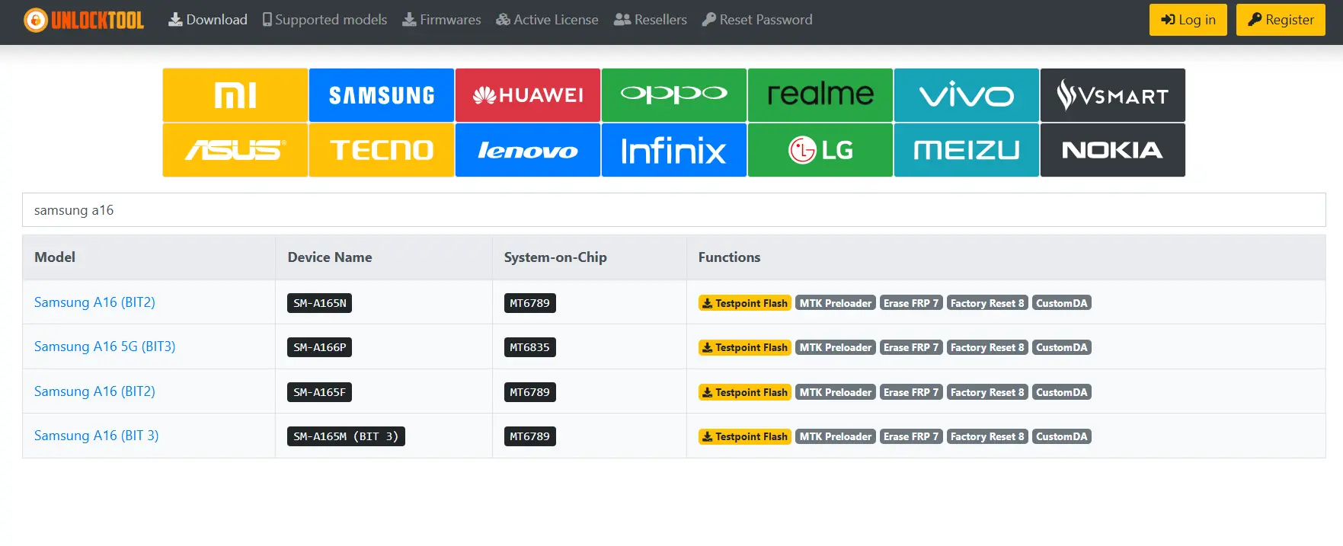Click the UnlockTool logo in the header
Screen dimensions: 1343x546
click(x=84, y=20)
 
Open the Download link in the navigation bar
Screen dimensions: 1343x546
click(x=208, y=20)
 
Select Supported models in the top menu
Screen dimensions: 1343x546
click(x=325, y=20)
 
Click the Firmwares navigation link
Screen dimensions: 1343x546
click(x=442, y=20)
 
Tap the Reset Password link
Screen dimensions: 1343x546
click(x=757, y=20)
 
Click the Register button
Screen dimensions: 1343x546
click(x=1281, y=20)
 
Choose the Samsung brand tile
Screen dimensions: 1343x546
click(x=382, y=95)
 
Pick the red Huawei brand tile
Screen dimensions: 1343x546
click(x=528, y=95)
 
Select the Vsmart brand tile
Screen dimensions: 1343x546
click(x=1113, y=95)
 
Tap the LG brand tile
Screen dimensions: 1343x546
click(x=820, y=150)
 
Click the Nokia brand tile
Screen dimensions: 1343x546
click(x=1113, y=150)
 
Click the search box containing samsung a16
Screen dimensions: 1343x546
click(x=674, y=210)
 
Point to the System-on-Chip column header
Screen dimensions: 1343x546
click(x=555, y=257)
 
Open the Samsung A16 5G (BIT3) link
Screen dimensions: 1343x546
click(x=105, y=346)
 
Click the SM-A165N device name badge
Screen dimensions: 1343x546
click(x=320, y=303)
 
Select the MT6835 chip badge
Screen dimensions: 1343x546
click(x=530, y=347)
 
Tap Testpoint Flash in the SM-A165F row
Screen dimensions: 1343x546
click(x=745, y=392)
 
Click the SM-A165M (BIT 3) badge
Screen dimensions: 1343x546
click(x=347, y=436)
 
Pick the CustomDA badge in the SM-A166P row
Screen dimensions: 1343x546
click(x=1062, y=347)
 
